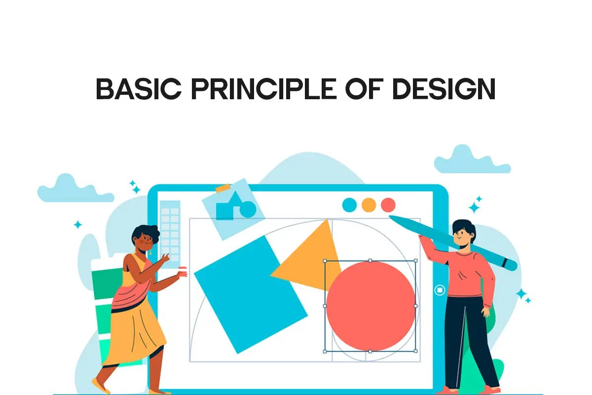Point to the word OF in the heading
[x=360, y=89]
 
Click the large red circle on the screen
[x=370, y=306]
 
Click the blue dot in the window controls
[x=349, y=204]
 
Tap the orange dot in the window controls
[x=369, y=204]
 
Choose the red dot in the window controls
[x=388, y=204]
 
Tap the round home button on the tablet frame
[x=440, y=290]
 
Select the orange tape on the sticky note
[x=223, y=188]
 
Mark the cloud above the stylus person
[x=471, y=160]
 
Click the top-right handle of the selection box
[x=415, y=261]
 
